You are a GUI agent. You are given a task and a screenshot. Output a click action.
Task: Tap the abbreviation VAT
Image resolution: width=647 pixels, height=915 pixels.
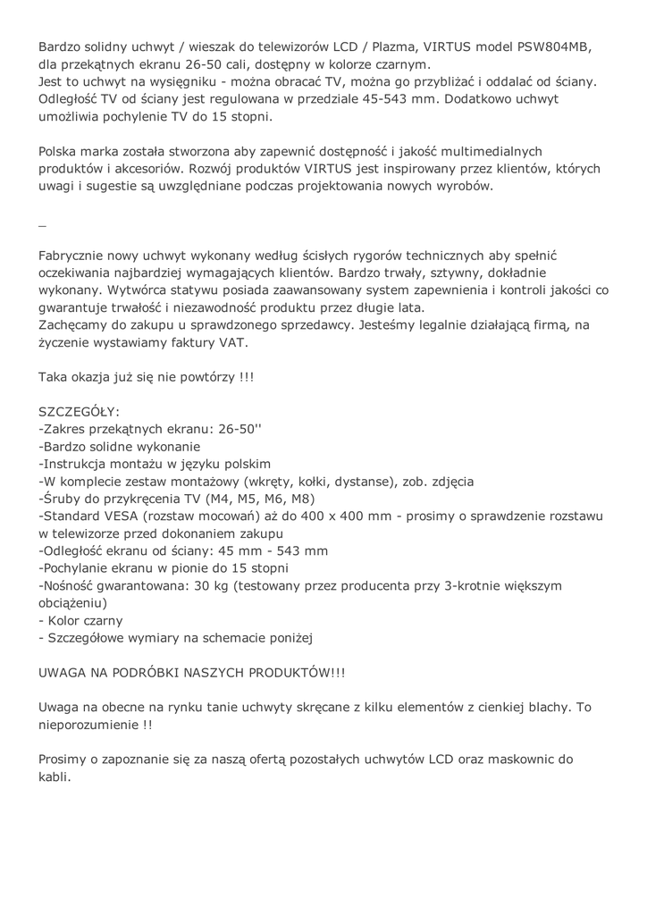click(x=231, y=342)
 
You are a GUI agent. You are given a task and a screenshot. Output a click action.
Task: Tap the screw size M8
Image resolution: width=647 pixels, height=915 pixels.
click(x=299, y=499)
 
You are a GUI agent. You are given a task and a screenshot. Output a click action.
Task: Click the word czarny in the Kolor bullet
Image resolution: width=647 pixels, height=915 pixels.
click(x=103, y=620)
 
